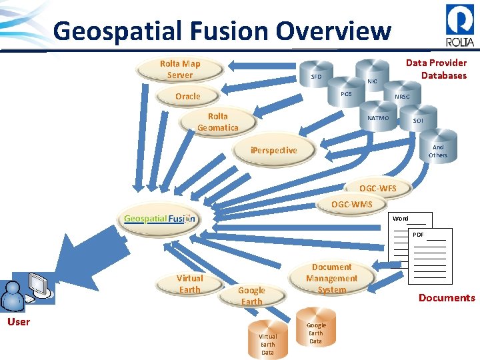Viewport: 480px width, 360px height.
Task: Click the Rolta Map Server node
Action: (x=179, y=69)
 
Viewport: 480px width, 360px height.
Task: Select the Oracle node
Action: (x=187, y=97)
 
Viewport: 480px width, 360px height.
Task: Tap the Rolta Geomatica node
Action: (x=217, y=122)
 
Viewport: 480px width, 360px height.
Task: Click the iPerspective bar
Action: (x=273, y=151)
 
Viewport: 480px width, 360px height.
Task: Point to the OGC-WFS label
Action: (x=377, y=189)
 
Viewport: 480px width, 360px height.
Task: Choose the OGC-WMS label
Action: (x=352, y=203)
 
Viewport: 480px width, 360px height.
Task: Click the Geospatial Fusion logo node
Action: (x=159, y=219)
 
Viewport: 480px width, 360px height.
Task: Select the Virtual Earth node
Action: (x=189, y=283)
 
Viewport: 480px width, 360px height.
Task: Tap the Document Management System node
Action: (x=331, y=278)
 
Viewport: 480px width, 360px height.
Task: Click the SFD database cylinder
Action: (x=317, y=77)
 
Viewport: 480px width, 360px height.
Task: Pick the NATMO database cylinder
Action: (x=378, y=119)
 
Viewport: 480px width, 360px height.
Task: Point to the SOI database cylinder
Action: (x=418, y=121)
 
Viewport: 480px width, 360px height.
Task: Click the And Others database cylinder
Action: (x=438, y=151)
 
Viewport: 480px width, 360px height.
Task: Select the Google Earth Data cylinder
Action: (x=315, y=331)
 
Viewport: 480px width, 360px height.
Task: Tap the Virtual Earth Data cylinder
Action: (x=267, y=342)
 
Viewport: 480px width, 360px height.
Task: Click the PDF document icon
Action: (x=429, y=255)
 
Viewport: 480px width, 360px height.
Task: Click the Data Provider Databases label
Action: (x=437, y=69)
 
